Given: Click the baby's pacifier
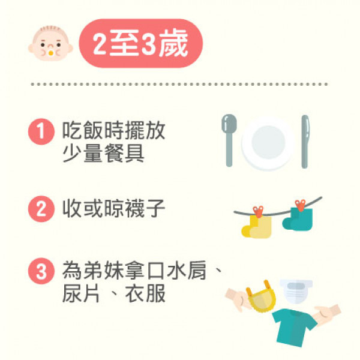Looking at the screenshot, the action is (x=51, y=53).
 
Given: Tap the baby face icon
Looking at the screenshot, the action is (x=50, y=43).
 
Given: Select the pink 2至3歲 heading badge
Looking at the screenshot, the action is (x=141, y=43).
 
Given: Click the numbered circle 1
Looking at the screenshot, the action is (x=41, y=131).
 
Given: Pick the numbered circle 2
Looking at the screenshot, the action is (x=41, y=209).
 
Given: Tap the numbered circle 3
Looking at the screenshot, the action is (x=41, y=271).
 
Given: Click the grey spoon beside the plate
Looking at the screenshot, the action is (x=229, y=140).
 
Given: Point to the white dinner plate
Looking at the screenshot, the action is (x=268, y=143).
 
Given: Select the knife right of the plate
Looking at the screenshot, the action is (x=305, y=142).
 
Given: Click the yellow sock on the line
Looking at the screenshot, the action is (x=257, y=226).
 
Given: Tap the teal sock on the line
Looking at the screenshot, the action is (x=298, y=219).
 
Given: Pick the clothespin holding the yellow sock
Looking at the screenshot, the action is (x=258, y=212).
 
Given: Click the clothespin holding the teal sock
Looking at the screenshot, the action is (x=301, y=205).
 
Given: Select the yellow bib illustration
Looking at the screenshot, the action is (x=261, y=298).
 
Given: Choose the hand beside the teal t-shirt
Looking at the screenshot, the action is (x=328, y=314).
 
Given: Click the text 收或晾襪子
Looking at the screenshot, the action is (x=113, y=208).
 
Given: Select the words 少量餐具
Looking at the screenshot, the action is (x=103, y=154).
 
